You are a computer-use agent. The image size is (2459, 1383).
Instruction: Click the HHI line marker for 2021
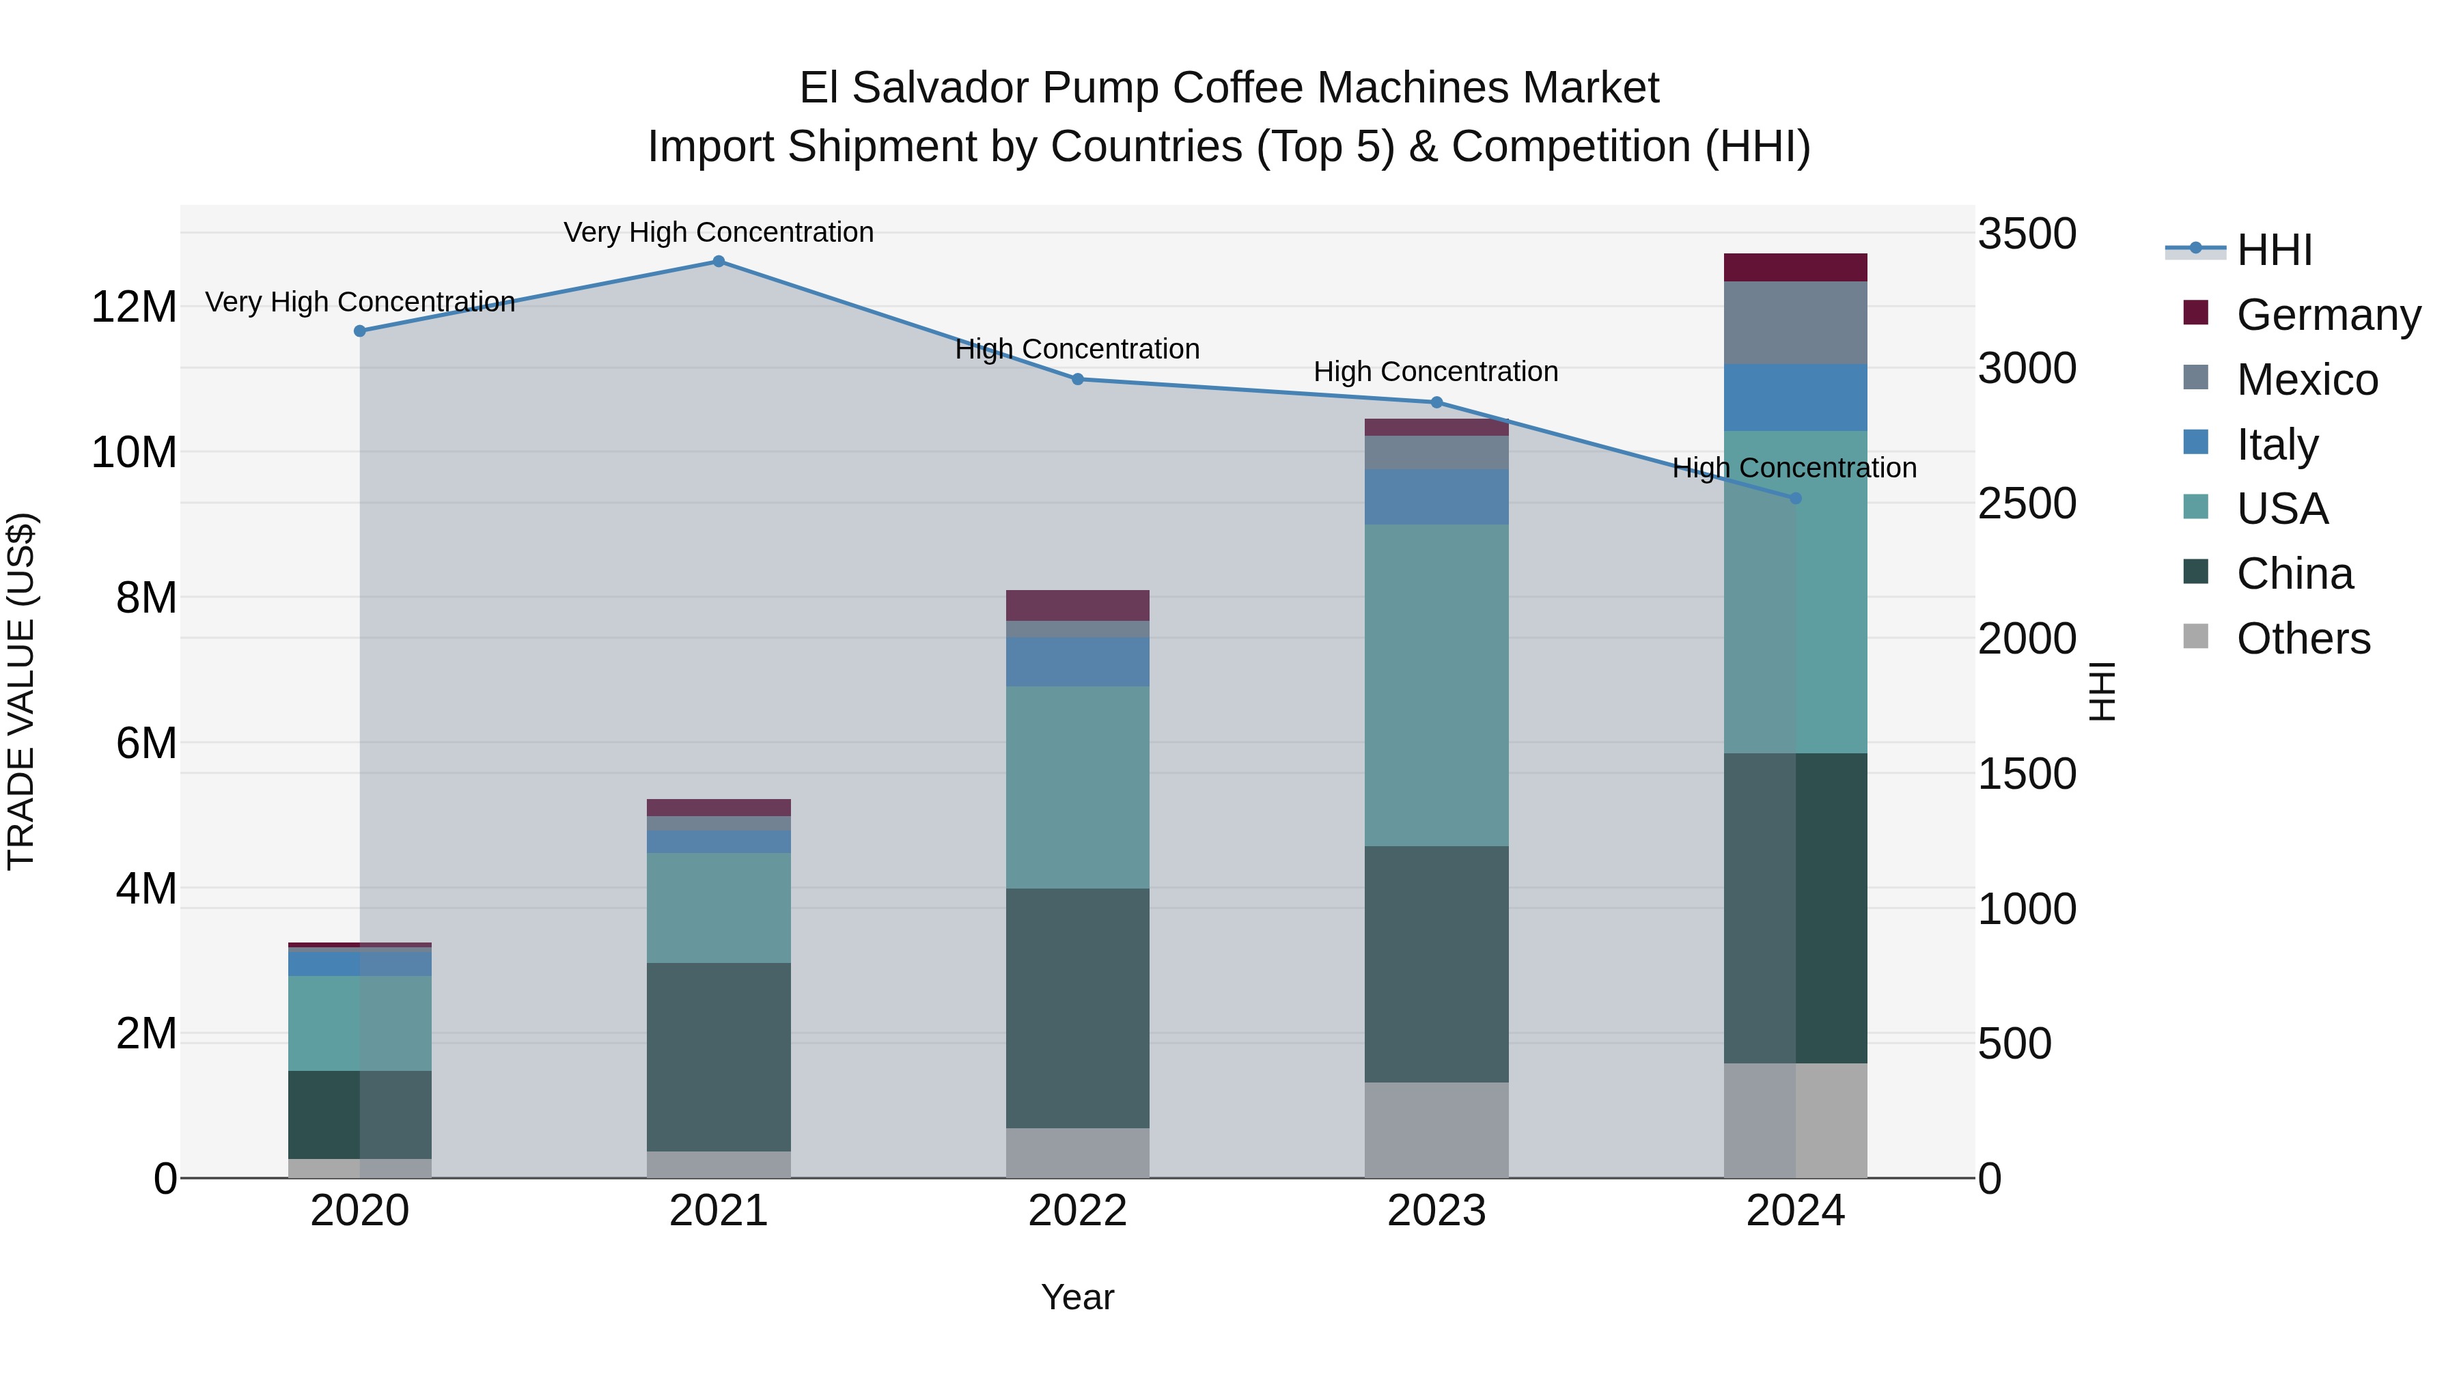(719, 262)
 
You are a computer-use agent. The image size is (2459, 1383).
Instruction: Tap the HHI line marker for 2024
(1796, 499)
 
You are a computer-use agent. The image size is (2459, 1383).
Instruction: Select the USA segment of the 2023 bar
(1436, 684)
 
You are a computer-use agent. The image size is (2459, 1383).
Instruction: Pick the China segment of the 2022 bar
(1078, 1008)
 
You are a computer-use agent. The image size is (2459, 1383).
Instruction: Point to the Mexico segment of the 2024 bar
(1796, 322)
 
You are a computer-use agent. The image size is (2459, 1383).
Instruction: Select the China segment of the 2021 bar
(719, 1057)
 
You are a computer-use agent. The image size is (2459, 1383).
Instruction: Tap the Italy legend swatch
(2195, 443)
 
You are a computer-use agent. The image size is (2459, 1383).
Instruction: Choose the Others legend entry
(2303, 639)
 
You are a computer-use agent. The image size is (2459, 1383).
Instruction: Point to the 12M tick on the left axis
(134, 307)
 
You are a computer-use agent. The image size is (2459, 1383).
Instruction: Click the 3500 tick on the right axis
(2027, 234)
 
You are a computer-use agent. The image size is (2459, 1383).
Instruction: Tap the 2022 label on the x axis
(1078, 1211)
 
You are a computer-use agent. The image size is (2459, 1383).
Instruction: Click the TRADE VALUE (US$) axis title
(21, 691)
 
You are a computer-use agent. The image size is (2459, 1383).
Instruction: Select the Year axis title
(1078, 1297)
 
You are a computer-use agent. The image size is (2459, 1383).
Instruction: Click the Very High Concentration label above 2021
(719, 232)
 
